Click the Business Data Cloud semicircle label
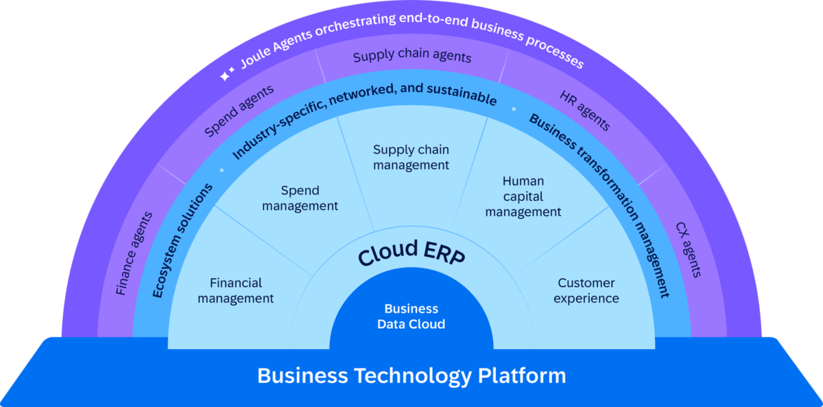tap(411, 316)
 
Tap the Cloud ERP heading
tap(411, 255)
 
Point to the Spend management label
tap(300, 198)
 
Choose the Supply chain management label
tap(411, 157)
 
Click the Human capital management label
tap(523, 197)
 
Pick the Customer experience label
tap(586, 290)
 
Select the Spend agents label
tap(239, 111)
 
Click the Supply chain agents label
tap(412, 56)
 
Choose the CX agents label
tap(689, 249)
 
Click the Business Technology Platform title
tap(411, 375)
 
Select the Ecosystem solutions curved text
tap(182, 240)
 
